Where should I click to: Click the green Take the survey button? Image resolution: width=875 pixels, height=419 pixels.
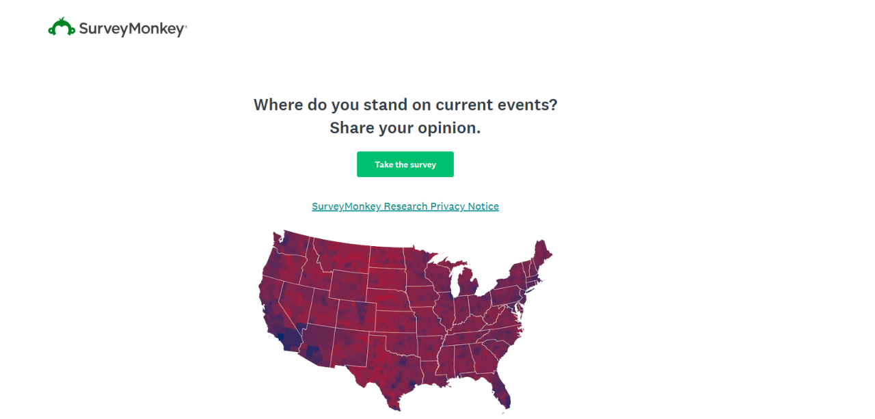pyautogui.click(x=405, y=165)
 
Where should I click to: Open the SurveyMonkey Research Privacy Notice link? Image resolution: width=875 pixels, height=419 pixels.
pyautogui.click(x=405, y=206)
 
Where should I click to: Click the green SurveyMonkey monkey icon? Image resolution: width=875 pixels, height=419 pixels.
pyautogui.click(x=62, y=27)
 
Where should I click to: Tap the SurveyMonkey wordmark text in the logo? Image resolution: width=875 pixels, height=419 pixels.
pyautogui.click(x=132, y=29)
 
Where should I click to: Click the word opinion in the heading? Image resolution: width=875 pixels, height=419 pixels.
pyautogui.click(x=449, y=128)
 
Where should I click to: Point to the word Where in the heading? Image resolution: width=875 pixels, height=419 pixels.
pyautogui.click(x=278, y=105)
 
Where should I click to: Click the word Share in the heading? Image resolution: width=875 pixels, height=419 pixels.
pyautogui.click(x=351, y=128)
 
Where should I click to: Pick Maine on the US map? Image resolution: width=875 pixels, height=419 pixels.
pyautogui.click(x=541, y=254)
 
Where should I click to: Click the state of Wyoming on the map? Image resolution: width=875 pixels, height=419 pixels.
pyautogui.click(x=349, y=286)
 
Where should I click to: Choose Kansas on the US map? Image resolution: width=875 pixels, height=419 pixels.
pyautogui.click(x=395, y=321)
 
